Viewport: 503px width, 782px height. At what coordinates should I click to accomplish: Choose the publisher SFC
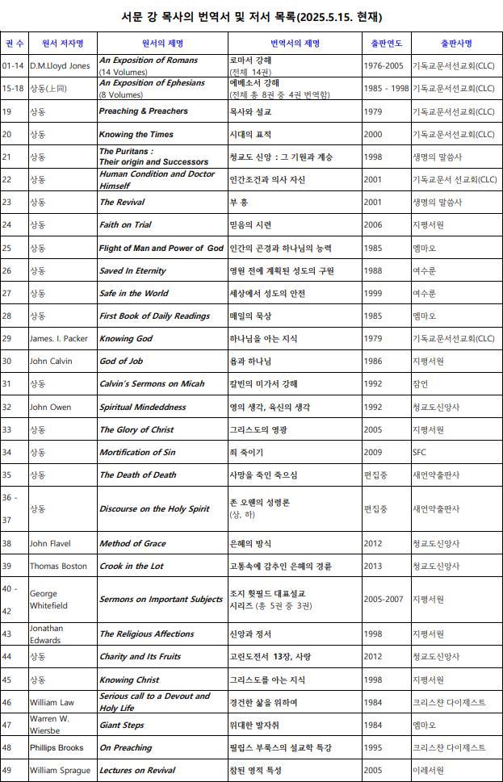(419, 452)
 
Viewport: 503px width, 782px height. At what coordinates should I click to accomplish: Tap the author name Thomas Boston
(58, 566)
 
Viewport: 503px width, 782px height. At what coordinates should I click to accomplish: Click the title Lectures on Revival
(137, 770)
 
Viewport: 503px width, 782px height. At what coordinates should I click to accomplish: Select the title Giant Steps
(121, 725)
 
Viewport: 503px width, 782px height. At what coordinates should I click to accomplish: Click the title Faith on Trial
(125, 224)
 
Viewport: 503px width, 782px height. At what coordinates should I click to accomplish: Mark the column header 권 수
(14, 43)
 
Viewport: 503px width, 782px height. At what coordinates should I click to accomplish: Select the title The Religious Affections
(146, 634)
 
